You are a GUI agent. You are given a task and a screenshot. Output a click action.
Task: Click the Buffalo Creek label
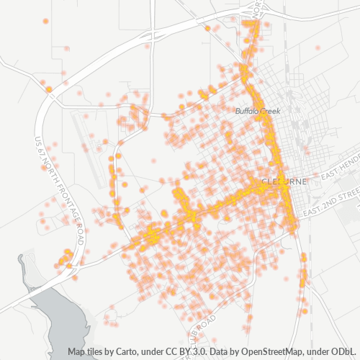pyautogui.click(x=258, y=111)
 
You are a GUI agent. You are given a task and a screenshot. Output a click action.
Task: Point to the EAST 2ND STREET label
pyautogui.click(x=332, y=204)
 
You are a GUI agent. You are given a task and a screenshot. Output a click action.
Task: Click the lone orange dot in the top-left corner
pyautogui.click(x=45, y=21)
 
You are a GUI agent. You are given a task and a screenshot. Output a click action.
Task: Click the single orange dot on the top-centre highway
pyautogui.click(x=207, y=28)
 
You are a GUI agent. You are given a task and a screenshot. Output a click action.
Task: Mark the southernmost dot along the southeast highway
pyautogui.click(x=305, y=311)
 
